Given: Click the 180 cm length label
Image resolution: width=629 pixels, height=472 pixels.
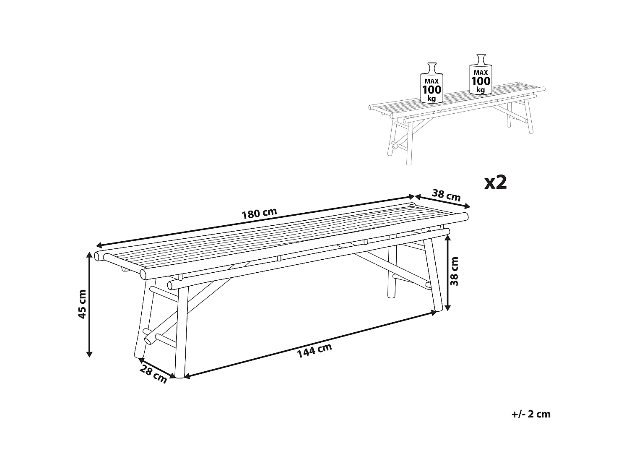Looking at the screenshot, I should pyautogui.click(x=259, y=213).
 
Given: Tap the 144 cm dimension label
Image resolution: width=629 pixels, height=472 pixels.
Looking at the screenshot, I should pyautogui.click(x=314, y=350).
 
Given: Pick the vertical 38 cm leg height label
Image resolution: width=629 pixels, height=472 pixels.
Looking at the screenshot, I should pyautogui.click(x=455, y=271).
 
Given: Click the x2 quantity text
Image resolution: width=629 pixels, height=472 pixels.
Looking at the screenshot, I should pyautogui.click(x=496, y=182).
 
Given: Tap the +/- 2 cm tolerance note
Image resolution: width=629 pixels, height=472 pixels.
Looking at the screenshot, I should pyautogui.click(x=531, y=414).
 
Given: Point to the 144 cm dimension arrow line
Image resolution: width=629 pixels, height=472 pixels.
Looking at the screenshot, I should pyautogui.click(x=310, y=344).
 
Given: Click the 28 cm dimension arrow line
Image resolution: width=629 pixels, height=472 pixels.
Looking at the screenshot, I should pyautogui.click(x=156, y=368).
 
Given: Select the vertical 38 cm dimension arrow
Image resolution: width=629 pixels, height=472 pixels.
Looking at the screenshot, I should pyautogui.click(x=448, y=273).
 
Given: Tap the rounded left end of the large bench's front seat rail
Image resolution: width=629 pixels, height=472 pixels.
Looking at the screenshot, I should pyautogui.click(x=144, y=274).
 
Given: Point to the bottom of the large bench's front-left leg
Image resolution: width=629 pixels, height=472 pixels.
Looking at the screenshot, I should pyautogui.click(x=179, y=375).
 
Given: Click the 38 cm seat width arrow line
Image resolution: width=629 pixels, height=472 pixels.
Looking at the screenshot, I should pyautogui.click(x=442, y=201).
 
